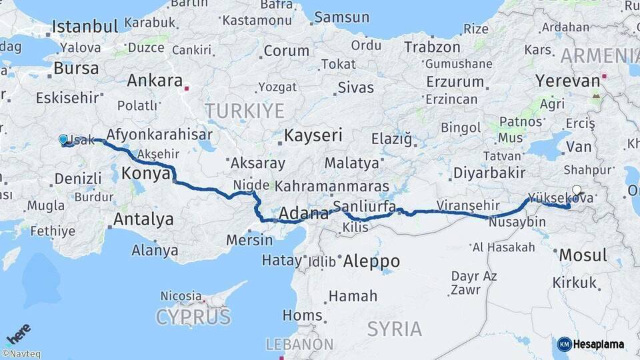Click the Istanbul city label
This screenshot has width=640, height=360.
[85, 27]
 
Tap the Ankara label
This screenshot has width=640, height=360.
[154, 81]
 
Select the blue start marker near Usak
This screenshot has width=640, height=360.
[63, 140]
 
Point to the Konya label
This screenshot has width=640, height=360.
[145, 174]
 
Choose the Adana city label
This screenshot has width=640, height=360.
[303, 214]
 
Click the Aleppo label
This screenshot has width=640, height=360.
[371, 261]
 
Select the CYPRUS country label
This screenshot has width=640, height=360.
[193, 317]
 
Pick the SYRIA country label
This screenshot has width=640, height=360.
[394, 329]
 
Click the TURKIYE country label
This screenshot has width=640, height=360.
[244, 110]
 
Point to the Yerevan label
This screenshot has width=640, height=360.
[567, 81]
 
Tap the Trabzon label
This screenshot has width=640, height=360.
[432, 47]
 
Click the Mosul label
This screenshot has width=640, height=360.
[583, 255]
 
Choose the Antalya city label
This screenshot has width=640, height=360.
[143, 219]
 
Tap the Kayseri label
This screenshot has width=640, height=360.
[313, 136]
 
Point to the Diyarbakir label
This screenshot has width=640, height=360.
[489, 173]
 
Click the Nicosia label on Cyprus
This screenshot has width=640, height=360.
[181, 295]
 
